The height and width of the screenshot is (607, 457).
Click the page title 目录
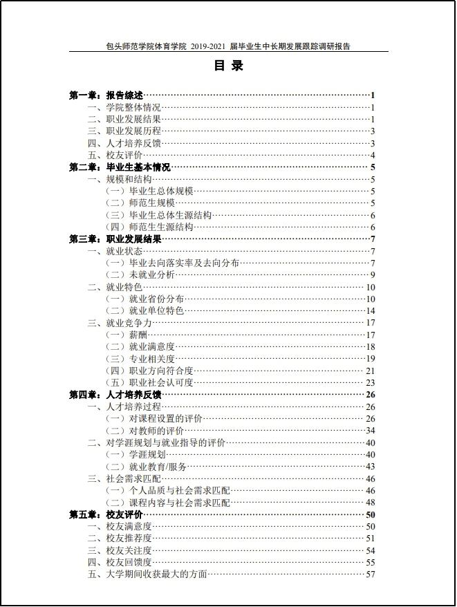(228, 67)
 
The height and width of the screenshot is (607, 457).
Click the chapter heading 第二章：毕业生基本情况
(120, 167)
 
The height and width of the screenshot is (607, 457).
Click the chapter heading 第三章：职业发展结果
(115, 239)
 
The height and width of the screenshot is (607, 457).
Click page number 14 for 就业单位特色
(371, 310)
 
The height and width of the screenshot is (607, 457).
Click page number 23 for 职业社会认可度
(371, 382)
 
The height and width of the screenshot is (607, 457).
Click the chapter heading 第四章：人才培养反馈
(115, 395)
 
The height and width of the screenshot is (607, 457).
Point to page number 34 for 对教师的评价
(371, 430)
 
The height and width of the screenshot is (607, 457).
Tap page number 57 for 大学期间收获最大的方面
(371, 574)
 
